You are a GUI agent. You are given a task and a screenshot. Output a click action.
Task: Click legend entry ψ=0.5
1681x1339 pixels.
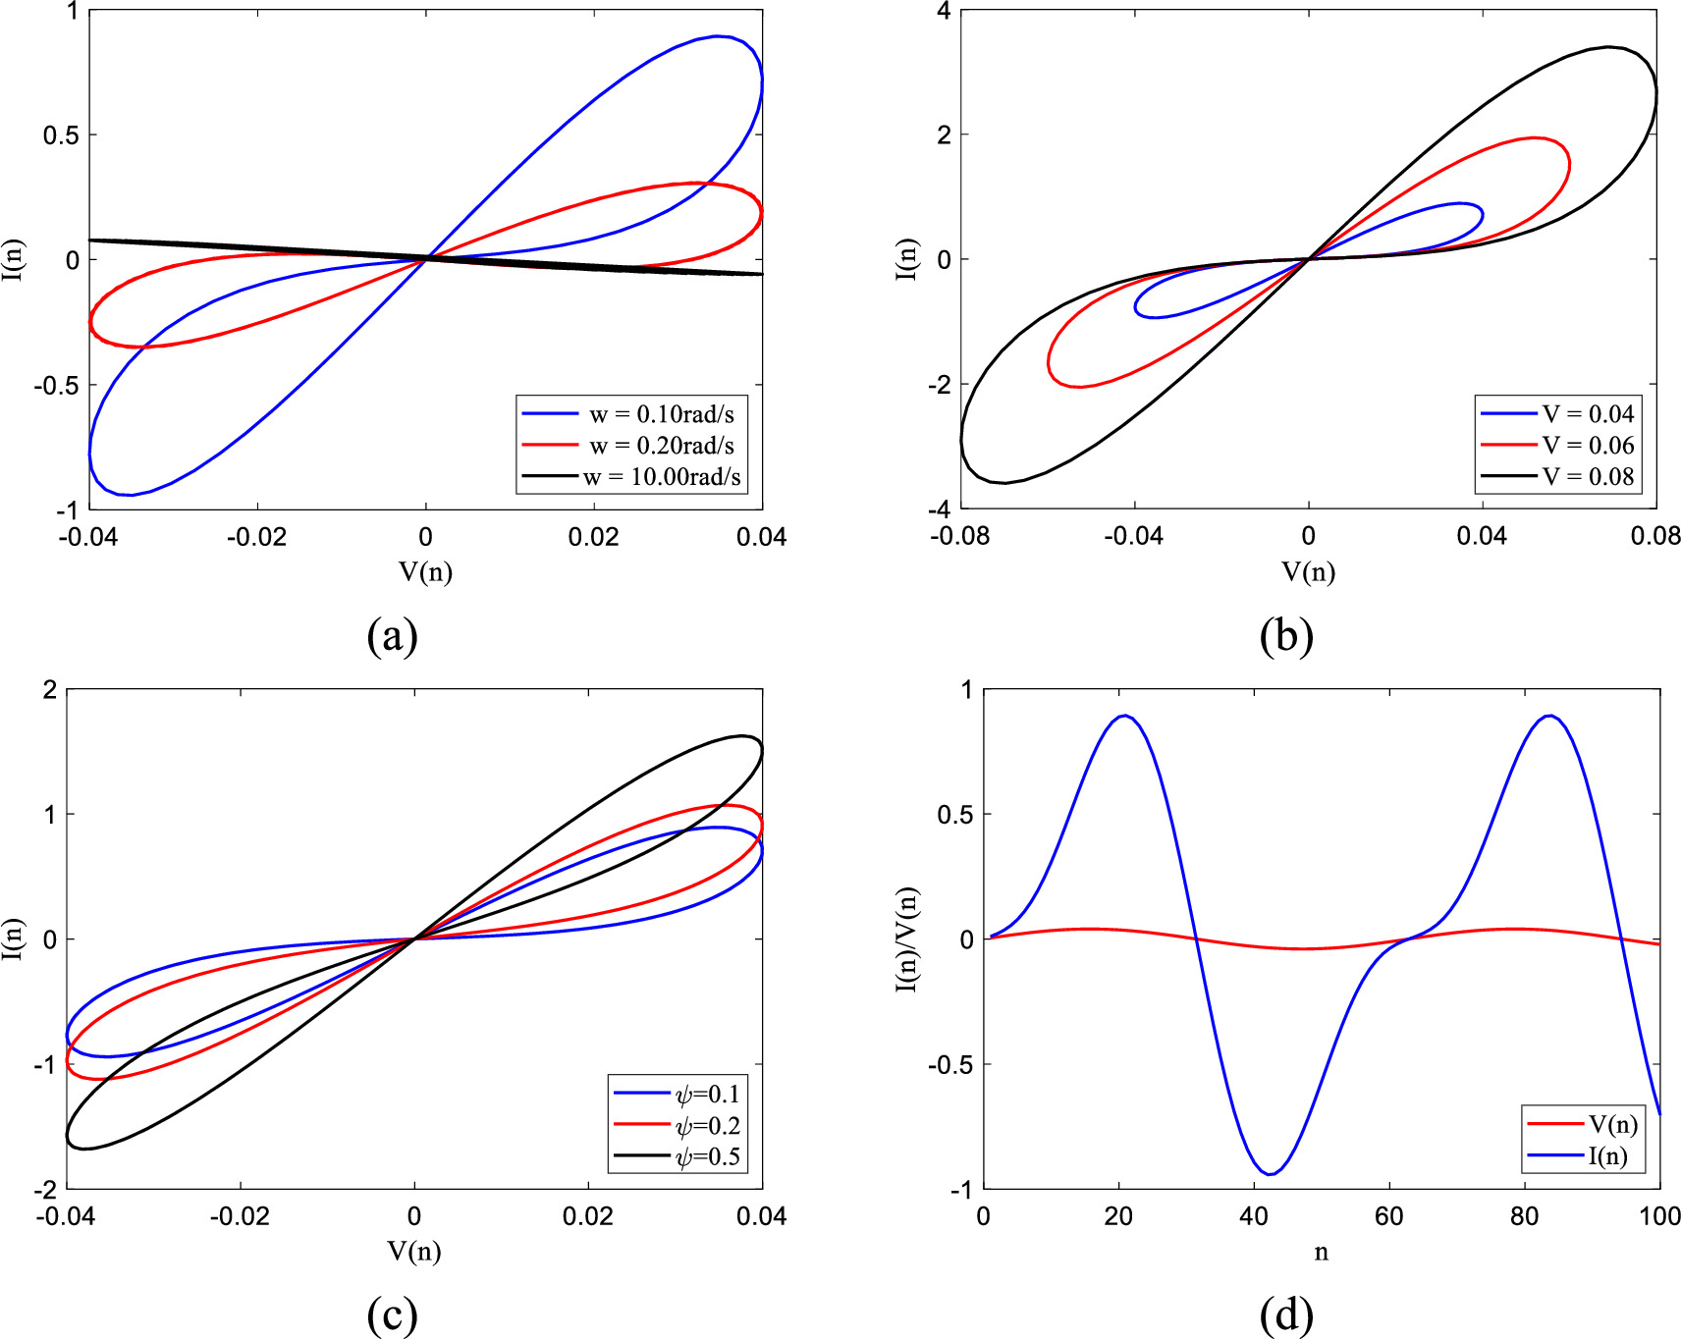click(x=708, y=1156)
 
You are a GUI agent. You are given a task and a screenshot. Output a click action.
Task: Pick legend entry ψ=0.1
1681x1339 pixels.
click(x=708, y=1094)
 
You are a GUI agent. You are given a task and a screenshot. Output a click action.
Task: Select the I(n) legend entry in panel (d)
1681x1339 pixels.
click(x=1607, y=1156)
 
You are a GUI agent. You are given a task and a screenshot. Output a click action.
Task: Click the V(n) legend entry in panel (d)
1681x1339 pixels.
click(x=1612, y=1125)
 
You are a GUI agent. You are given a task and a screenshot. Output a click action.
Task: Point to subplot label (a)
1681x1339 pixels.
click(x=392, y=636)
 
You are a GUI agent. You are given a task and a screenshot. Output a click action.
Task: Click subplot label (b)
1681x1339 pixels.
click(x=1285, y=636)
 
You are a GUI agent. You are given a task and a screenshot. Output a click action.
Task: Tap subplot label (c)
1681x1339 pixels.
click(x=392, y=1314)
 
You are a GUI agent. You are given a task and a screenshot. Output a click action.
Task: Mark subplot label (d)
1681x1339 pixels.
click(x=1285, y=1314)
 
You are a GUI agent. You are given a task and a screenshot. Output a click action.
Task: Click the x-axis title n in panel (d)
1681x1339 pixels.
click(x=1321, y=1253)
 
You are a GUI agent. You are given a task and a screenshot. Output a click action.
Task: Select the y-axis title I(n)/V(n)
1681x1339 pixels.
click(x=907, y=939)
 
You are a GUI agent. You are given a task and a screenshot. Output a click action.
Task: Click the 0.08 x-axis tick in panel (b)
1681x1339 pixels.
click(x=1655, y=536)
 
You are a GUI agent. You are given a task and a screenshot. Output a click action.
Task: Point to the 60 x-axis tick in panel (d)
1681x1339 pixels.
click(x=1388, y=1216)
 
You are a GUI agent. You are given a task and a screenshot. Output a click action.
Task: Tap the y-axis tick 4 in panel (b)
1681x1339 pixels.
click(x=945, y=12)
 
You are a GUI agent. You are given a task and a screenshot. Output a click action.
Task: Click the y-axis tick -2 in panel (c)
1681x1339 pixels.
click(x=45, y=1190)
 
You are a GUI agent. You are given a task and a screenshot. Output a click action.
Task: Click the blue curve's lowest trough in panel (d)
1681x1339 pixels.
click(x=1271, y=1174)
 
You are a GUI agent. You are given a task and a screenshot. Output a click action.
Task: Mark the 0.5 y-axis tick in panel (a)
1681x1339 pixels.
click(x=61, y=135)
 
